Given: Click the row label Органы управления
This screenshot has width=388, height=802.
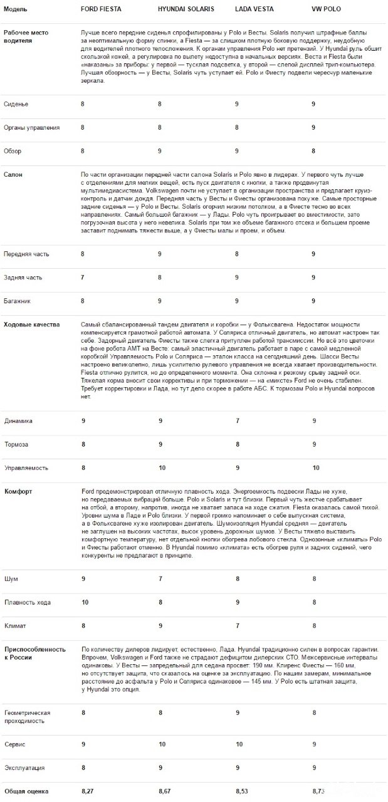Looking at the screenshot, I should (x=31, y=128).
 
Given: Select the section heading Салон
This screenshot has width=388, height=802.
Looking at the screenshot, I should (x=13, y=174).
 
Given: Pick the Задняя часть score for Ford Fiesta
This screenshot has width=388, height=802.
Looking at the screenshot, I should (x=83, y=277).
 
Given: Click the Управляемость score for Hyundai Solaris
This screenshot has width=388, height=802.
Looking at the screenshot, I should (x=162, y=467).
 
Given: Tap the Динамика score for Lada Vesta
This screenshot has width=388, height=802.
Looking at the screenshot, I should (x=238, y=421).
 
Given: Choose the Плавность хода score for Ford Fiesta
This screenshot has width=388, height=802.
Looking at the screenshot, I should (x=85, y=602).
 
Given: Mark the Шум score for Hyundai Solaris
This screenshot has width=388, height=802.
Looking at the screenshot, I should (x=160, y=579).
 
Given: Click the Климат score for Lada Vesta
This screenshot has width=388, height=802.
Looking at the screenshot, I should (x=238, y=625).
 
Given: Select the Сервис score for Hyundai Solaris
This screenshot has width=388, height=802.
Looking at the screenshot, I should (x=162, y=744).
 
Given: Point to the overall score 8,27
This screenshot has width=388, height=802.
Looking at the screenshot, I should (x=88, y=792).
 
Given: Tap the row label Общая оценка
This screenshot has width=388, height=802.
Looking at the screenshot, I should (x=26, y=792).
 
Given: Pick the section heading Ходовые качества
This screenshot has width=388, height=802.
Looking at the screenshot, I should (x=31, y=325).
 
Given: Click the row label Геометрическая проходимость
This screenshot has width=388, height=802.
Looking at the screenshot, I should (x=36, y=717).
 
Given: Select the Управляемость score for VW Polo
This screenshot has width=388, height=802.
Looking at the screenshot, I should (x=316, y=467).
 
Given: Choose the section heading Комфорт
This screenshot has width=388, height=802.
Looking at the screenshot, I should (x=18, y=491).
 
